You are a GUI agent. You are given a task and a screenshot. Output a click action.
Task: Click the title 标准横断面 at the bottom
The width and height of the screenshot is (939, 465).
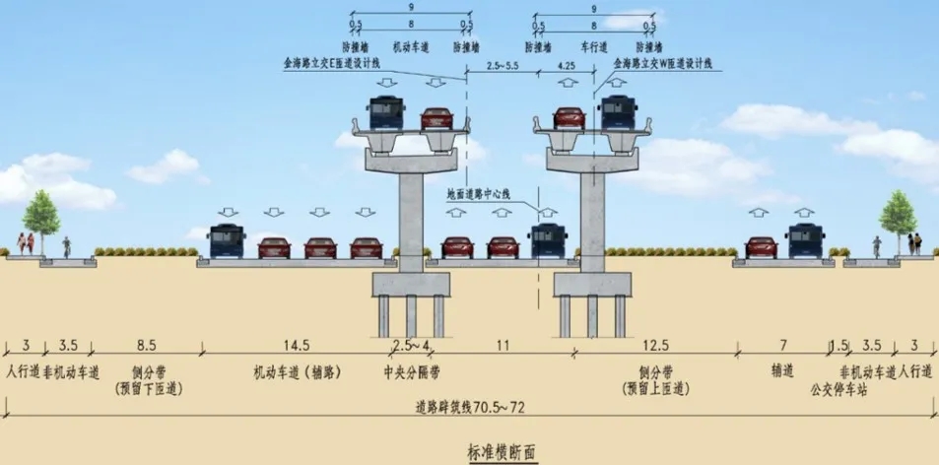(x=504, y=452)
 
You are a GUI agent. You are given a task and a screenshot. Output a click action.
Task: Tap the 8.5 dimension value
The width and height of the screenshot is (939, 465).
(x=145, y=345)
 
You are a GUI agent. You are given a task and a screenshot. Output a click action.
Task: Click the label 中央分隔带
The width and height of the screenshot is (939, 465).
(x=411, y=372)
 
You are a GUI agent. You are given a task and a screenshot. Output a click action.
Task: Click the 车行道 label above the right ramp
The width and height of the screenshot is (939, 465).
(x=592, y=46)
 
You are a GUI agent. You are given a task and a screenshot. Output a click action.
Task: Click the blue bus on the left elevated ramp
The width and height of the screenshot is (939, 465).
(x=386, y=113)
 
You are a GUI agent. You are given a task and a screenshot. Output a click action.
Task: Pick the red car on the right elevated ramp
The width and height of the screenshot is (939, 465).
(x=569, y=118)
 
